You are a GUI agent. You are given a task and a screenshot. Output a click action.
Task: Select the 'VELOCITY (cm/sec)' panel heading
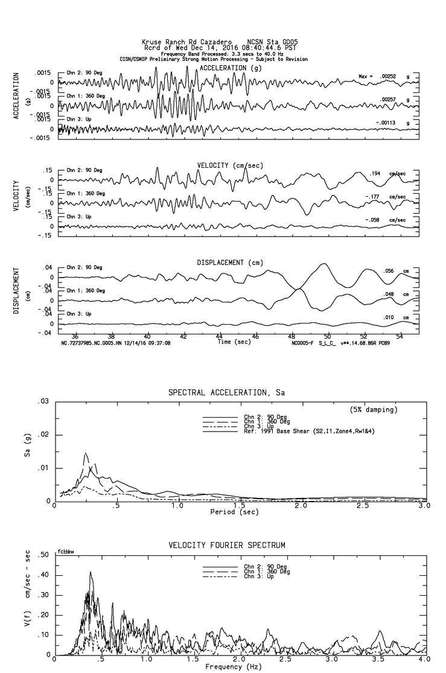[x=221, y=165]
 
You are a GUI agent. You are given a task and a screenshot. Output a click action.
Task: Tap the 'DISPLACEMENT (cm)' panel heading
[x=221, y=263]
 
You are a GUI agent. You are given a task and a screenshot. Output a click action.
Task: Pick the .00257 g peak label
[x=390, y=100]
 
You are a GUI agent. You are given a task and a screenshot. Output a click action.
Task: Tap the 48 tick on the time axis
[x=291, y=336]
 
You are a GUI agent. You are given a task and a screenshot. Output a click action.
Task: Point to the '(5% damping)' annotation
[x=374, y=410]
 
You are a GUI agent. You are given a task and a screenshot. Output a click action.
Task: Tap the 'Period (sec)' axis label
[x=235, y=512]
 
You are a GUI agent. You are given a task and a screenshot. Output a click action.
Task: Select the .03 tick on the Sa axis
[x=43, y=401]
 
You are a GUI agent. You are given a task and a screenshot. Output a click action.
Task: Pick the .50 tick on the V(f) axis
[x=43, y=555]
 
